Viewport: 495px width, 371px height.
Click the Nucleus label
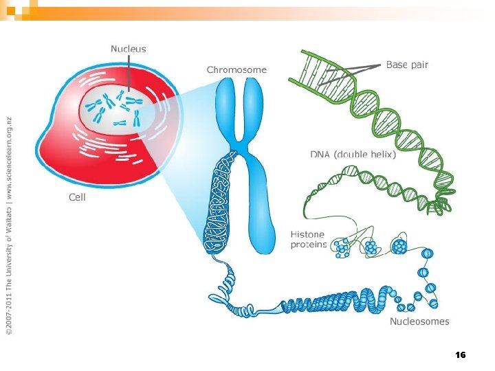point(129,49)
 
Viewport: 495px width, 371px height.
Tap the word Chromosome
point(236,69)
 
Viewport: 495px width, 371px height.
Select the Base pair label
point(407,65)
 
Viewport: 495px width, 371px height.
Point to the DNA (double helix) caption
point(353,155)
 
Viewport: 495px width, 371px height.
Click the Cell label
point(78,197)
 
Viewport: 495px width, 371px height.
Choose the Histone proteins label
point(307,240)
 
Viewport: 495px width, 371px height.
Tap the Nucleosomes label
point(419,321)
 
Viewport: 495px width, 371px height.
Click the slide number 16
point(461,355)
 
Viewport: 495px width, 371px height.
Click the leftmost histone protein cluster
point(341,248)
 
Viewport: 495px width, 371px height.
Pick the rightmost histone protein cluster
point(399,246)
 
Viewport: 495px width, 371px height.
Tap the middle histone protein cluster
point(371,247)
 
